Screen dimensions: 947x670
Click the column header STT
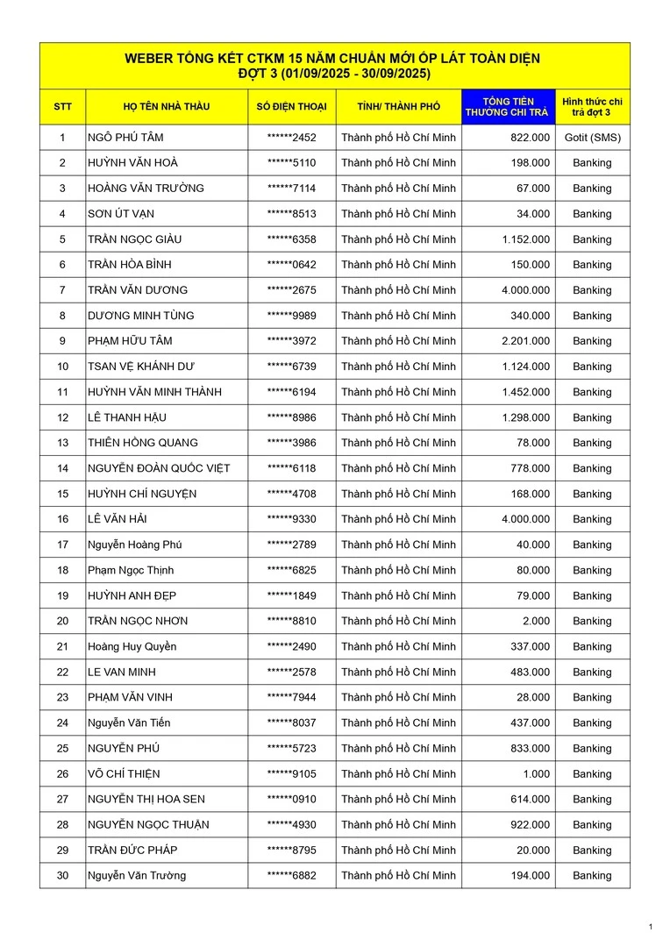tap(62, 107)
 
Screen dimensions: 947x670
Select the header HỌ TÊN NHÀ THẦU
tap(166, 107)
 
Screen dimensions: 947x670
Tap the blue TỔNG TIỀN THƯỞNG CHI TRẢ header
tap(508, 107)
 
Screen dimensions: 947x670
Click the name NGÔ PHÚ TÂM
tap(125, 138)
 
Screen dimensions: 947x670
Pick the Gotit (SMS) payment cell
tap(592, 138)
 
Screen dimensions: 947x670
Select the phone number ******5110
tap(291, 163)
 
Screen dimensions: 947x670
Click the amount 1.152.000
tap(526, 239)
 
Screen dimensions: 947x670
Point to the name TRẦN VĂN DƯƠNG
tap(138, 290)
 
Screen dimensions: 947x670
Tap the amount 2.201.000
tap(526, 341)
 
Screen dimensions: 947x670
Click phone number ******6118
tap(291, 468)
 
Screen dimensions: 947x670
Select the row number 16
tap(62, 519)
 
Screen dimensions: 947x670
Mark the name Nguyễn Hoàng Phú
tap(134, 545)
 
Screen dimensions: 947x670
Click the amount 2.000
tap(536, 621)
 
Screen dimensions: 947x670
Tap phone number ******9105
tap(291, 773)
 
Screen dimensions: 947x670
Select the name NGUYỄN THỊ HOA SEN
tap(146, 799)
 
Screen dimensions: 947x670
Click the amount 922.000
tap(531, 824)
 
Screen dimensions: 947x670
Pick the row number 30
tap(62, 875)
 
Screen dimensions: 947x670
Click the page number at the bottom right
tap(651, 927)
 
